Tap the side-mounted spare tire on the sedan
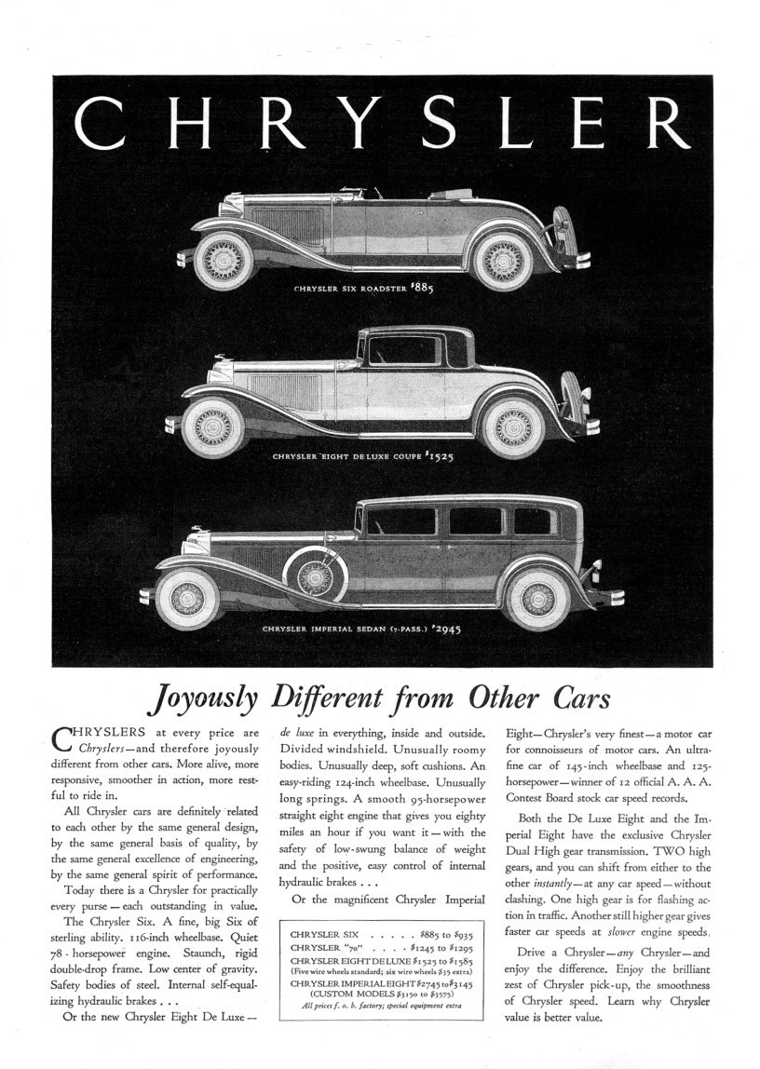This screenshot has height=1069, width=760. coord(322,574)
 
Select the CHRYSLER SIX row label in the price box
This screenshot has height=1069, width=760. coord(324,932)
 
